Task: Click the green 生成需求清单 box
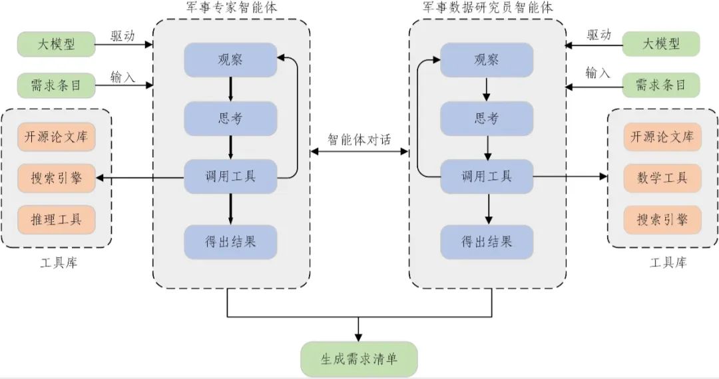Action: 359,359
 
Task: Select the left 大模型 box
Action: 56,45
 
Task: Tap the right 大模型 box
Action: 661,45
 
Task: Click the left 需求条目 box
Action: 56,85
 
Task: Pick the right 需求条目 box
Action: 661,85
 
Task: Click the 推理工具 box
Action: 56,218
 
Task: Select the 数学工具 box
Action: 662,178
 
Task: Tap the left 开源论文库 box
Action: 56,138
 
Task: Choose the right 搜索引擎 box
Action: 662,219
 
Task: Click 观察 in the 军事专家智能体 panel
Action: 230,59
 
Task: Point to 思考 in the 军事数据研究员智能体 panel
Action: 487,119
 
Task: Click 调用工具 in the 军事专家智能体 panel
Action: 230,177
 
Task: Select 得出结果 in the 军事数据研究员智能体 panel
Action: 487,241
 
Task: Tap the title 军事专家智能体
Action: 230,9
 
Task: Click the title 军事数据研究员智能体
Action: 488,9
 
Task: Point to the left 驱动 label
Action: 122,36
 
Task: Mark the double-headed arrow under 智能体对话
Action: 359,152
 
